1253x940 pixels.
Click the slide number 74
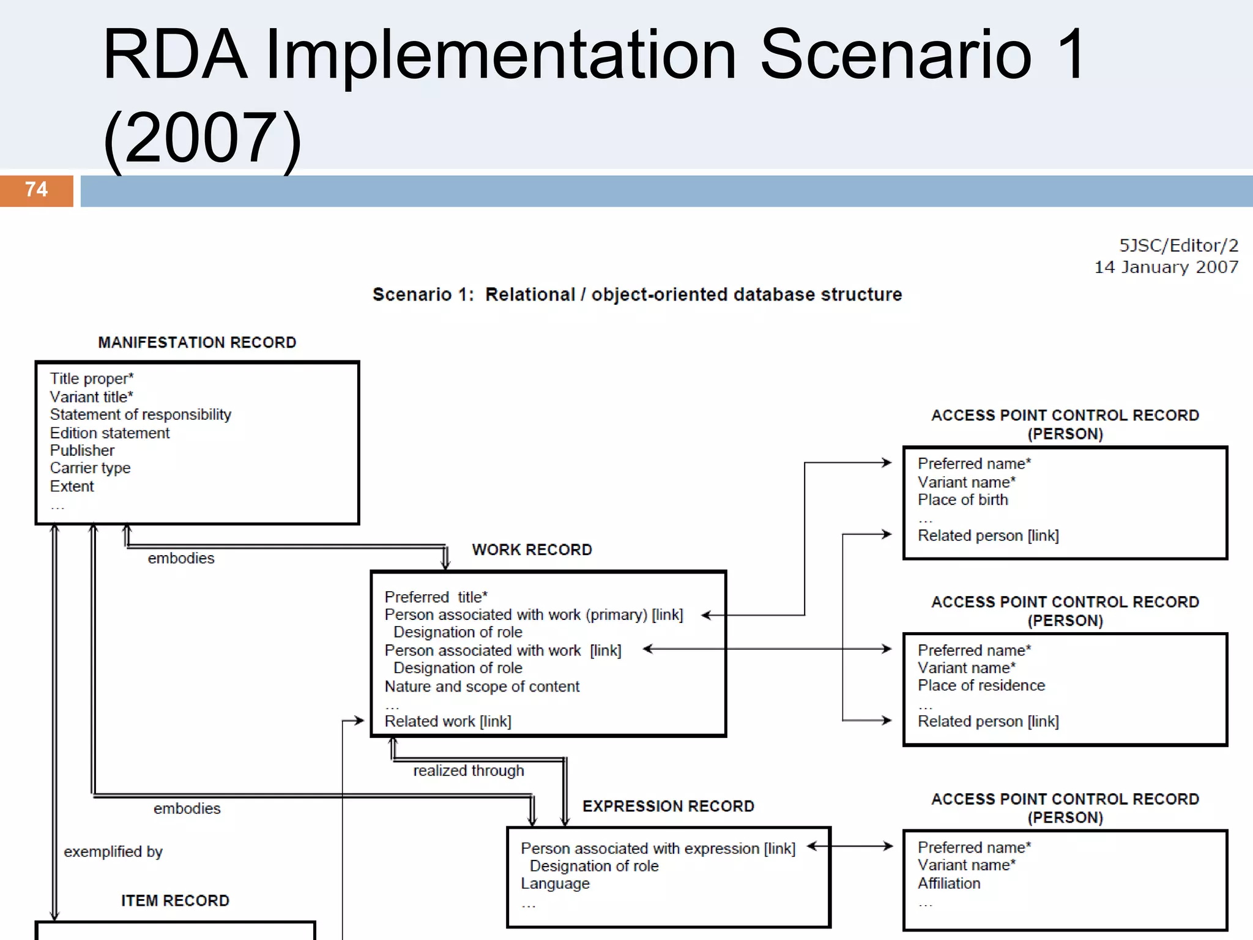[x=36, y=190]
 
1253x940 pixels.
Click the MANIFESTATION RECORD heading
[x=197, y=343]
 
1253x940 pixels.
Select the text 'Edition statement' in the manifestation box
[x=110, y=433]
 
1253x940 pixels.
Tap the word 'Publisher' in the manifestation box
[x=82, y=451]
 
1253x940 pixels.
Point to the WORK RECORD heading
[x=532, y=550]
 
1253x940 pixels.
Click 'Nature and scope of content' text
[x=481, y=687]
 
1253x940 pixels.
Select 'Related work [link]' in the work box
[x=448, y=722]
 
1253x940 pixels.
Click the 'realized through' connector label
[x=469, y=771]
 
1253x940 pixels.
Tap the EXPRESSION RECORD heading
[x=668, y=807]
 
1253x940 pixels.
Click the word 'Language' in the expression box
[x=555, y=884]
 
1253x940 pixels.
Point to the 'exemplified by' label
[x=113, y=852]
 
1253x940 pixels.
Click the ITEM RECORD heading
[x=175, y=901]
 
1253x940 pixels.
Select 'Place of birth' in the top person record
[x=962, y=501]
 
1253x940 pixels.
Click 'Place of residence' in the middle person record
[x=981, y=686]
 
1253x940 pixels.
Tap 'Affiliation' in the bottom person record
[x=949, y=884]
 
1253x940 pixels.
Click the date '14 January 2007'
[x=1166, y=267]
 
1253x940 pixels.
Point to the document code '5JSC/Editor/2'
[x=1178, y=246]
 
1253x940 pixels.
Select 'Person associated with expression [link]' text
[x=658, y=849]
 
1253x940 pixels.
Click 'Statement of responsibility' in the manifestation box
[x=141, y=415]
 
